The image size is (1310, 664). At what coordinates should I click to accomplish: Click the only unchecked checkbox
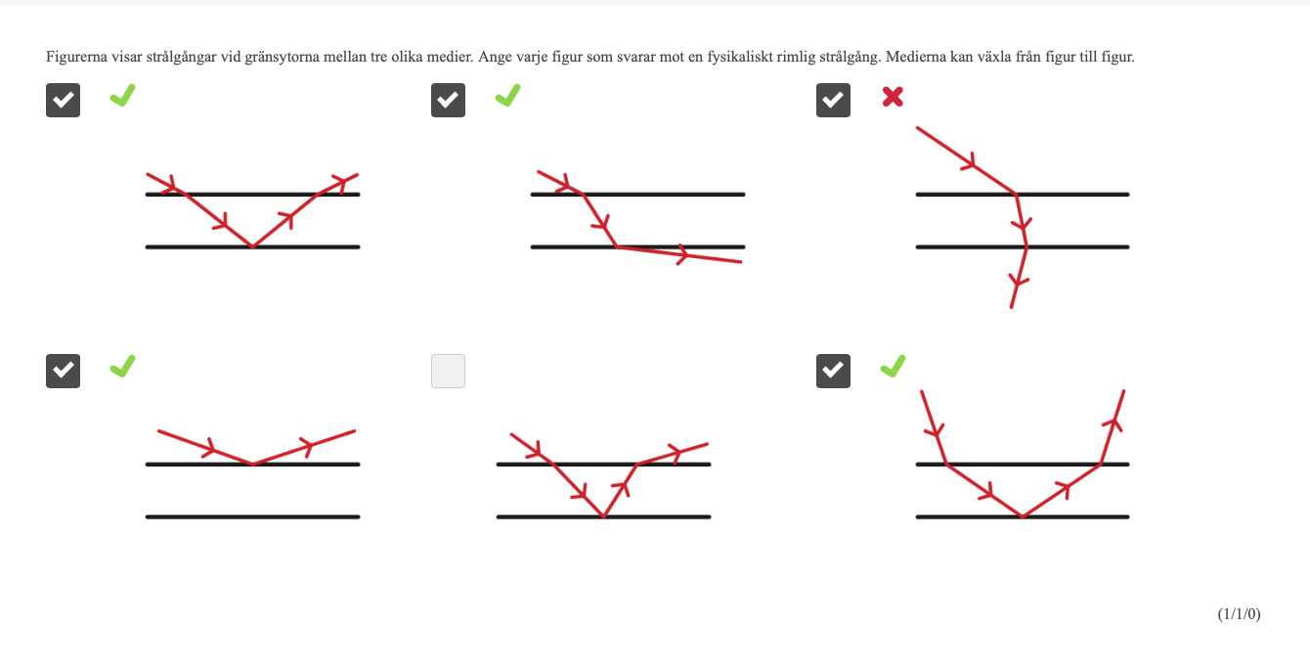point(448,371)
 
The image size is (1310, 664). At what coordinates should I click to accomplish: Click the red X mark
point(893,97)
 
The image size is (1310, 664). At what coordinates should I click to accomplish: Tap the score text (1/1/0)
point(1239,614)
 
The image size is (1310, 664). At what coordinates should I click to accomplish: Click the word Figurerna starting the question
point(76,57)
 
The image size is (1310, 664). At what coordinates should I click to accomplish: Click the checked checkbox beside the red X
point(833,100)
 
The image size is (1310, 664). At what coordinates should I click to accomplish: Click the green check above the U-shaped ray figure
point(893,366)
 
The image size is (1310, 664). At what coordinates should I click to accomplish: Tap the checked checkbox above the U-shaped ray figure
point(833,371)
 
